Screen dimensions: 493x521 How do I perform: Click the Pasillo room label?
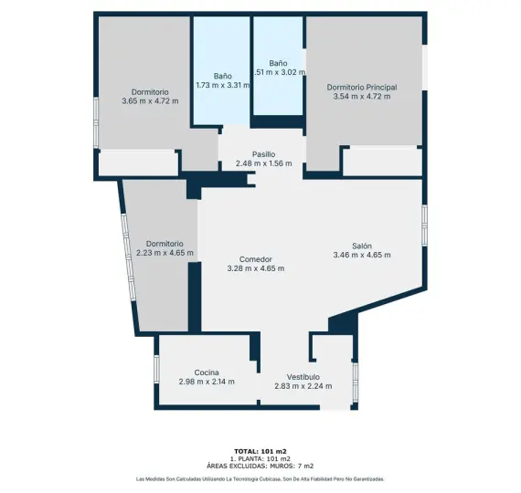tap(263, 154)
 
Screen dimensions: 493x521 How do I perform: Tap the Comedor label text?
tap(255, 259)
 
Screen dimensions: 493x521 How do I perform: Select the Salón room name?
tap(362, 246)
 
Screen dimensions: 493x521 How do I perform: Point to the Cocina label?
tap(206, 372)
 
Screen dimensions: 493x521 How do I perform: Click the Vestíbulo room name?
tap(303, 377)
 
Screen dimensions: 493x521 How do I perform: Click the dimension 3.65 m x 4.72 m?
tap(149, 100)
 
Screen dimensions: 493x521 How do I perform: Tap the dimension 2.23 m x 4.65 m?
tap(165, 253)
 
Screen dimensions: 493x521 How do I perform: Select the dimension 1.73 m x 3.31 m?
tap(222, 85)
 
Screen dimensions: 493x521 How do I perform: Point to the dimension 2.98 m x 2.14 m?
tap(206, 382)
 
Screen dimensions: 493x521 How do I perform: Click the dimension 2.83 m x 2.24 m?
tap(303, 386)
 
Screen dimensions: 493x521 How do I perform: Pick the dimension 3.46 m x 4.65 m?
tap(362, 255)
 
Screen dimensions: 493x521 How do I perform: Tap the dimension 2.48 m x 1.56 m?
tap(263, 163)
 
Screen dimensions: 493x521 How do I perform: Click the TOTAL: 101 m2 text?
tap(260, 451)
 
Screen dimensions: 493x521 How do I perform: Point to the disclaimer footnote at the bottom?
tap(260, 479)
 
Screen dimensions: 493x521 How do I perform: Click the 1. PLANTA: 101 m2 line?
tap(260, 458)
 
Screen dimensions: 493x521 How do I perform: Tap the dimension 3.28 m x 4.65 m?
tap(255, 268)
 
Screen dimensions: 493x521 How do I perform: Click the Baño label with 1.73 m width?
tap(222, 76)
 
